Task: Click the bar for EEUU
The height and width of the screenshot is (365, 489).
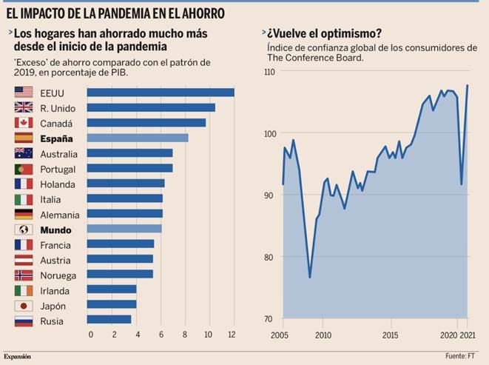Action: (161, 93)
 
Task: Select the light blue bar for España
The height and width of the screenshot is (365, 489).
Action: (138, 138)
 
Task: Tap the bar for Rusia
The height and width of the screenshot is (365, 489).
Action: (109, 320)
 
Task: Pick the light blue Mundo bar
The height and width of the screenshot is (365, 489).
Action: (124, 229)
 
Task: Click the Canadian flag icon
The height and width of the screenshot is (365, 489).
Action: (24, 123)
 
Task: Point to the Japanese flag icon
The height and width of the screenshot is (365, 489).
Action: (24, 306)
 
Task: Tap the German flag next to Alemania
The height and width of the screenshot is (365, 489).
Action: (24, 214)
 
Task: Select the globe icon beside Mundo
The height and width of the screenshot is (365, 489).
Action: (24, 230)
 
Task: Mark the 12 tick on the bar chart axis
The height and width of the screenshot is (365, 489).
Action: (231, 335)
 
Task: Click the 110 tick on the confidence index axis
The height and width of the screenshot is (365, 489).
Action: (268, 72)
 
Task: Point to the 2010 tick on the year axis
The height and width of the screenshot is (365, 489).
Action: (323, 335)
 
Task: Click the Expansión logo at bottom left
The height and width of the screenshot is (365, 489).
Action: (18, 357)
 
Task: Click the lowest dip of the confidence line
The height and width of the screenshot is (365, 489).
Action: (309, 278)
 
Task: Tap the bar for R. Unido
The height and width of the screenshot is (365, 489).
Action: (151, 108)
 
